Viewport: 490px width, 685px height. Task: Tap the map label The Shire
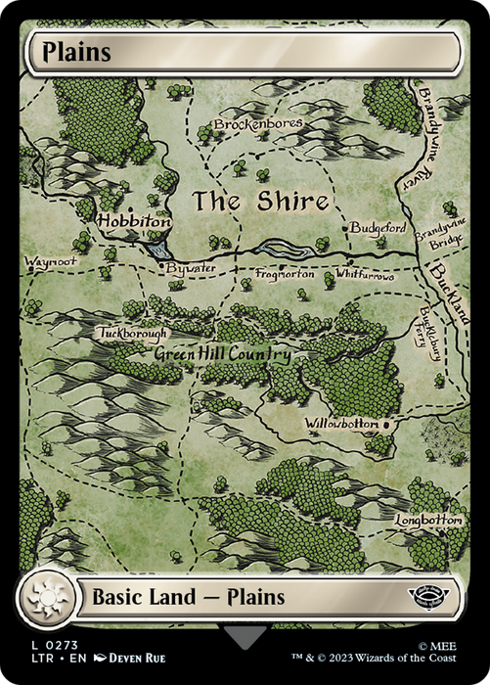click(x=259, y=202)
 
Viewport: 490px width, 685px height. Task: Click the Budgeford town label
click(x=377, y=227)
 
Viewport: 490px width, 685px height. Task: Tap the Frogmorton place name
click(x=286, y=276)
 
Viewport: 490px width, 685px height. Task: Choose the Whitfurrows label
click(x=365, y=277)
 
